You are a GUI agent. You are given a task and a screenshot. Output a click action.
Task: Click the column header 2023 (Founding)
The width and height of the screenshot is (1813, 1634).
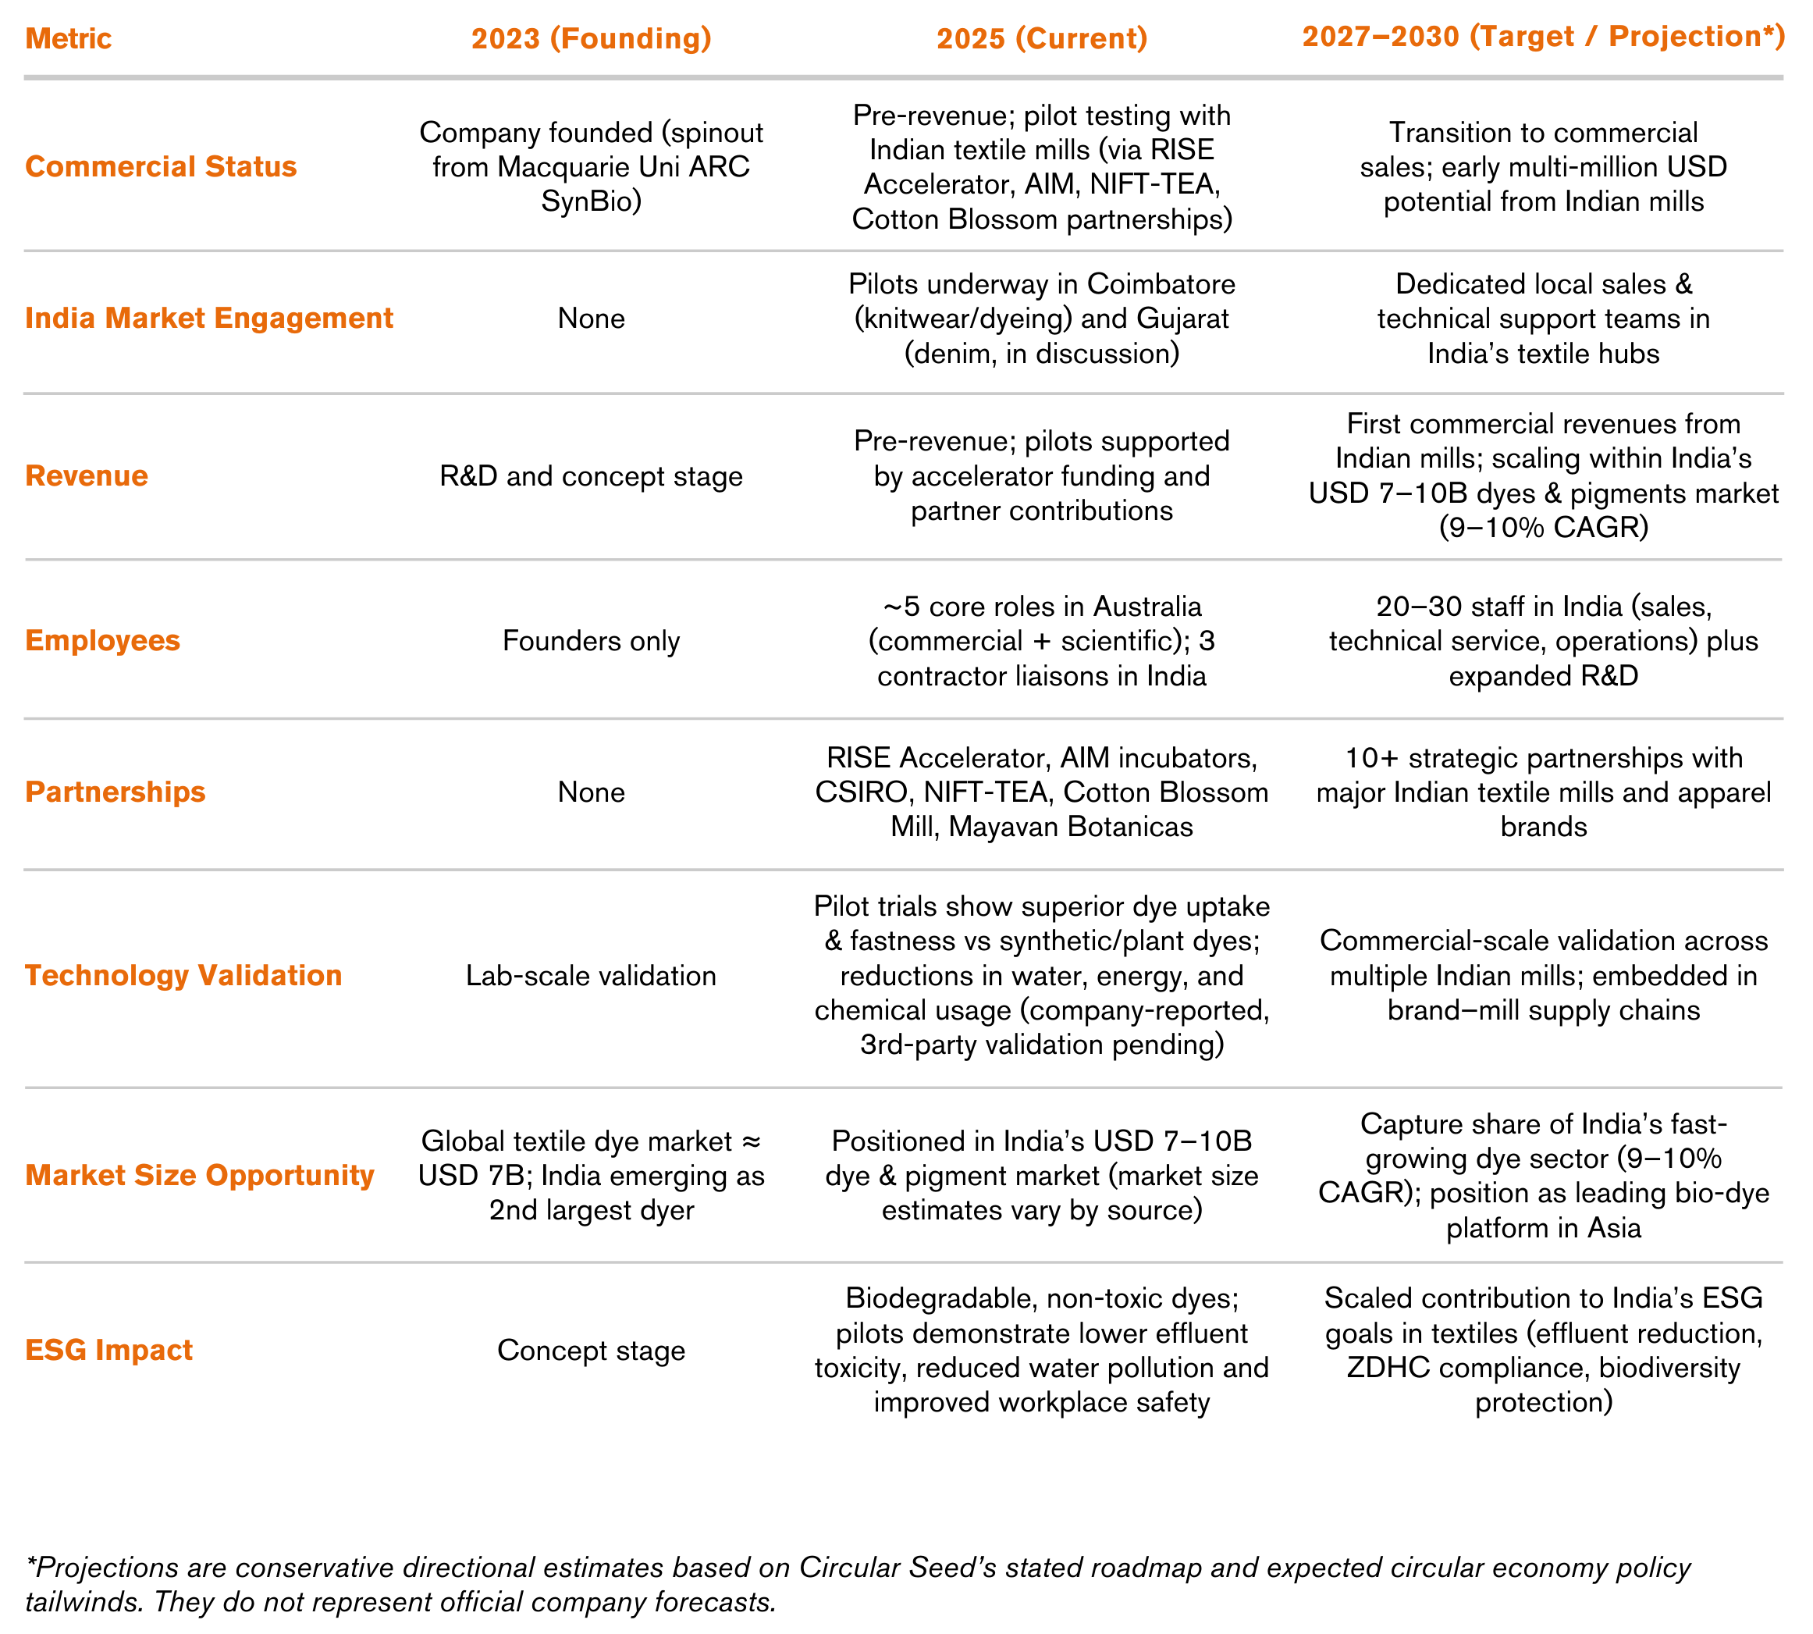(591, 38)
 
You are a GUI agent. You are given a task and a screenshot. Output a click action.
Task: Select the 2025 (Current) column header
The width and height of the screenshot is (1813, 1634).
(1041, 38)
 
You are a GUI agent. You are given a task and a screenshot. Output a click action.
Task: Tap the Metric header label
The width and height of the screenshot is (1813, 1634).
(68, 38)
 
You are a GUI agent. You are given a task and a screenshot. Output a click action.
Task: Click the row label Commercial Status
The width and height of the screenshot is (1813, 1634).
(161, 167)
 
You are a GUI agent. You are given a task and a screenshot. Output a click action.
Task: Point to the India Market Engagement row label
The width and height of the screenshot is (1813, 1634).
(209, 319)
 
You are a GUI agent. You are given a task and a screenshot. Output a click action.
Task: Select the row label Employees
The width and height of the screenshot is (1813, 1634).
(102, 641)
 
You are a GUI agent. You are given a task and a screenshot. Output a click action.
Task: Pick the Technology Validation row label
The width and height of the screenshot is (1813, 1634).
(183, 976)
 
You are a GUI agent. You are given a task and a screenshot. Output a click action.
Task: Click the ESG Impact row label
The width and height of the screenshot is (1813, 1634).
(108, 1351)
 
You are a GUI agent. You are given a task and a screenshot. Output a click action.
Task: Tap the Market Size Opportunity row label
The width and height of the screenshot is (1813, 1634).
(199, 1175)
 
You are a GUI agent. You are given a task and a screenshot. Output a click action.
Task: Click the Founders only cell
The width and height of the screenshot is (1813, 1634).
(591, 641)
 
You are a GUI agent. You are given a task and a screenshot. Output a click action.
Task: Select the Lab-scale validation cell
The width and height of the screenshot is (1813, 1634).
(591, 976)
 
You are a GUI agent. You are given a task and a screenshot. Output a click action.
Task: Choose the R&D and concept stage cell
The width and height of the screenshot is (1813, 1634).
(591, 477)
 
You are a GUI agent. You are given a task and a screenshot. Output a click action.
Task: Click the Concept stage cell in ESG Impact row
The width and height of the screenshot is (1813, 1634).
(591, 1351)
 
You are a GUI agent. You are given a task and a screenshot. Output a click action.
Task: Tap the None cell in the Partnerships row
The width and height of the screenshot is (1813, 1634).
(591, 792)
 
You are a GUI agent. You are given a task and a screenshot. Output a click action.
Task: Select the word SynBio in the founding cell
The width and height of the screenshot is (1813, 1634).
(591, 201)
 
